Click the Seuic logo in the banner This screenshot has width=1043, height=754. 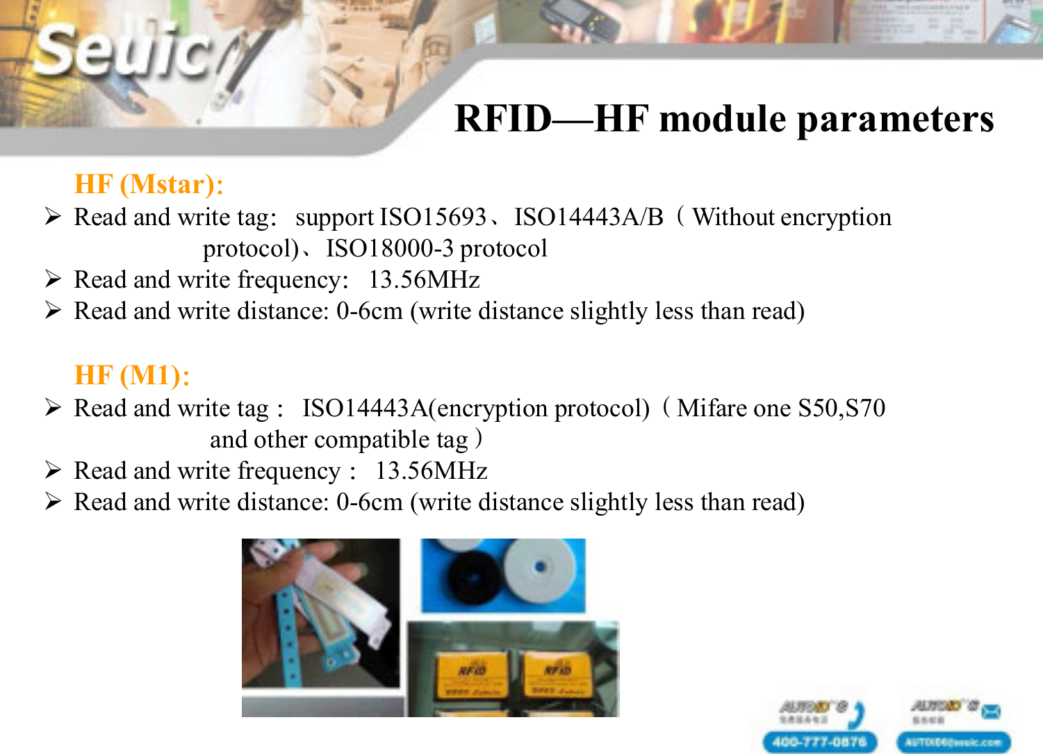122,52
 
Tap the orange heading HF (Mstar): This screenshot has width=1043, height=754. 149,185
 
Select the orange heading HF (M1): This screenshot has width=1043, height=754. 132,376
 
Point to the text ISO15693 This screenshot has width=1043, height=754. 433,218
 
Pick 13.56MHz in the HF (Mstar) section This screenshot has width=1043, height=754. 424,280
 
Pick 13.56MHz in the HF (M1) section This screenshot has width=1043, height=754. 431,471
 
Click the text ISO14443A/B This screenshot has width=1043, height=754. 589,218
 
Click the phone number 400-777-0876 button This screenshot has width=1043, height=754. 819,741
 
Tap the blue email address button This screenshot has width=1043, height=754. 953,741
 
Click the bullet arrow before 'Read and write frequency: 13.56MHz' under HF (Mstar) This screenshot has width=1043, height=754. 54,279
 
